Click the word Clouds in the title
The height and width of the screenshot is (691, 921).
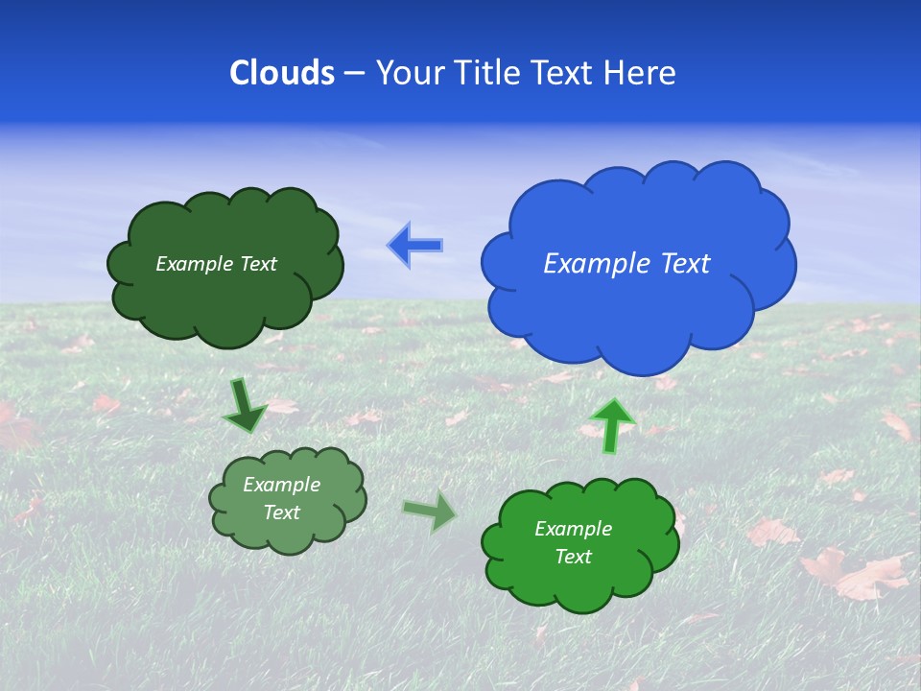(x=282, y=73)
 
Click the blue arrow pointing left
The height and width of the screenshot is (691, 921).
(x=415, y=245)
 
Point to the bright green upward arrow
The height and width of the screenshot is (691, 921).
(x=612, y=425)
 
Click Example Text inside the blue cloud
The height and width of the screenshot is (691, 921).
(x=626, y=264)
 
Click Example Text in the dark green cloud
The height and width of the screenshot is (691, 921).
(x=216, y=264)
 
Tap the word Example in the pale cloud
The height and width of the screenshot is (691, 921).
(x=281, y=486)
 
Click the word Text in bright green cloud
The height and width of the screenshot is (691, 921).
(x=574, y=557)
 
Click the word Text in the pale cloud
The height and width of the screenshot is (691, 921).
(x=282, y=512)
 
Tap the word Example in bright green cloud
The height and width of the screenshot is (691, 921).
(x=573, y=529)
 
